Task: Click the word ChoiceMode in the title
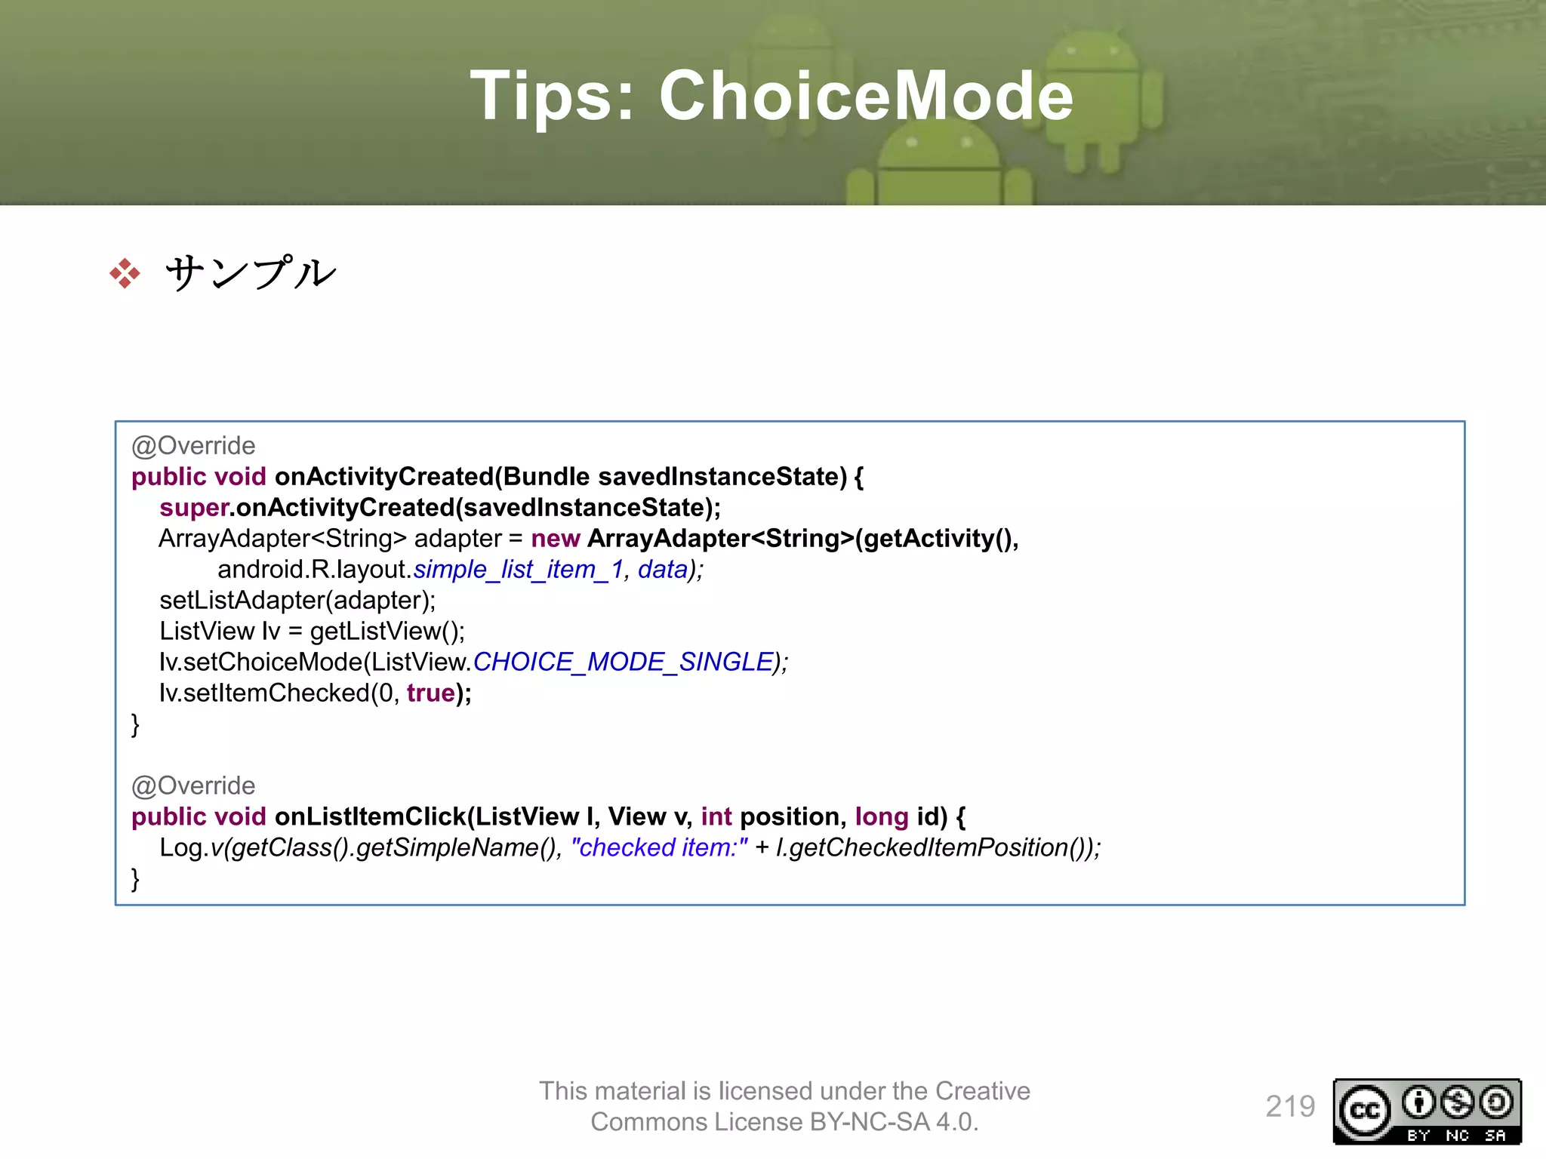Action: tap(866, 96)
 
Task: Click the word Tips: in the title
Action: tap(553, 96)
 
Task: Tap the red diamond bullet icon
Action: tap(125, 273)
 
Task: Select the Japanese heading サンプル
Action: tap(251, 273)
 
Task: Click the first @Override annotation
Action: tap(193, 446)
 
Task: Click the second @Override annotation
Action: tap(193, 786)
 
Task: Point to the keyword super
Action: tap(193, 508)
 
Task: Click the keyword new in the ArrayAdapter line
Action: tap(555, 539)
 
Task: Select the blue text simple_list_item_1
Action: tap(518, 570)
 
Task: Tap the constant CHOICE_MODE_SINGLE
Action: tap(624, 663)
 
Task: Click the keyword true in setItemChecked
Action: tap(431, 693)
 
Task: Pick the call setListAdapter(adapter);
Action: tap(297, 601)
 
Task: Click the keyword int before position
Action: tap(716, 817)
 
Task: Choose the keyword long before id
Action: tap(881, 817)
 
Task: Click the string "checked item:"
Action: tap(659, 848)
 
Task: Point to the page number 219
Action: tap(1290, 1107)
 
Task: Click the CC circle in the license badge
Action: tap(1365, 1111)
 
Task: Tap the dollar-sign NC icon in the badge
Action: tap(1457, 1103)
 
